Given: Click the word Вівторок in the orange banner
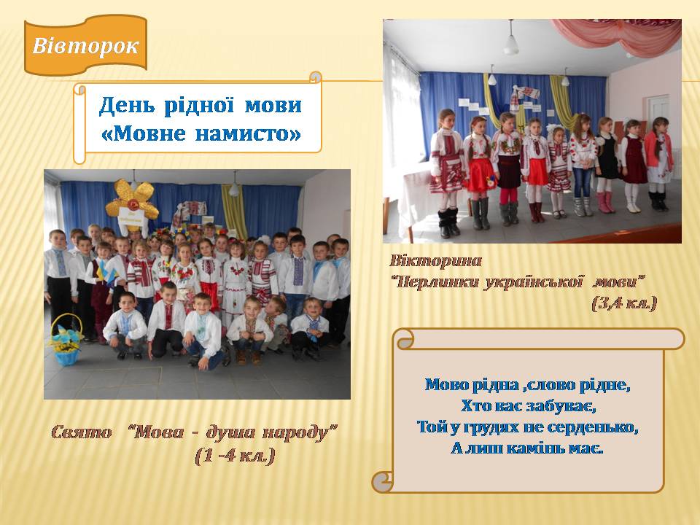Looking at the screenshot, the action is click(85, 46).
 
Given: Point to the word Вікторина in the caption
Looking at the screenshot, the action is click(436, 261).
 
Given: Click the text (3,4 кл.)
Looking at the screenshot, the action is click(625, 303).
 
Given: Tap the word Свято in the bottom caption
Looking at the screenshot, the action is click(81, 432).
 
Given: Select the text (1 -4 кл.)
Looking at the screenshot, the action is click(235, 456).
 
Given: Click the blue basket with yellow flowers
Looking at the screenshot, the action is click(66, 341).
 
